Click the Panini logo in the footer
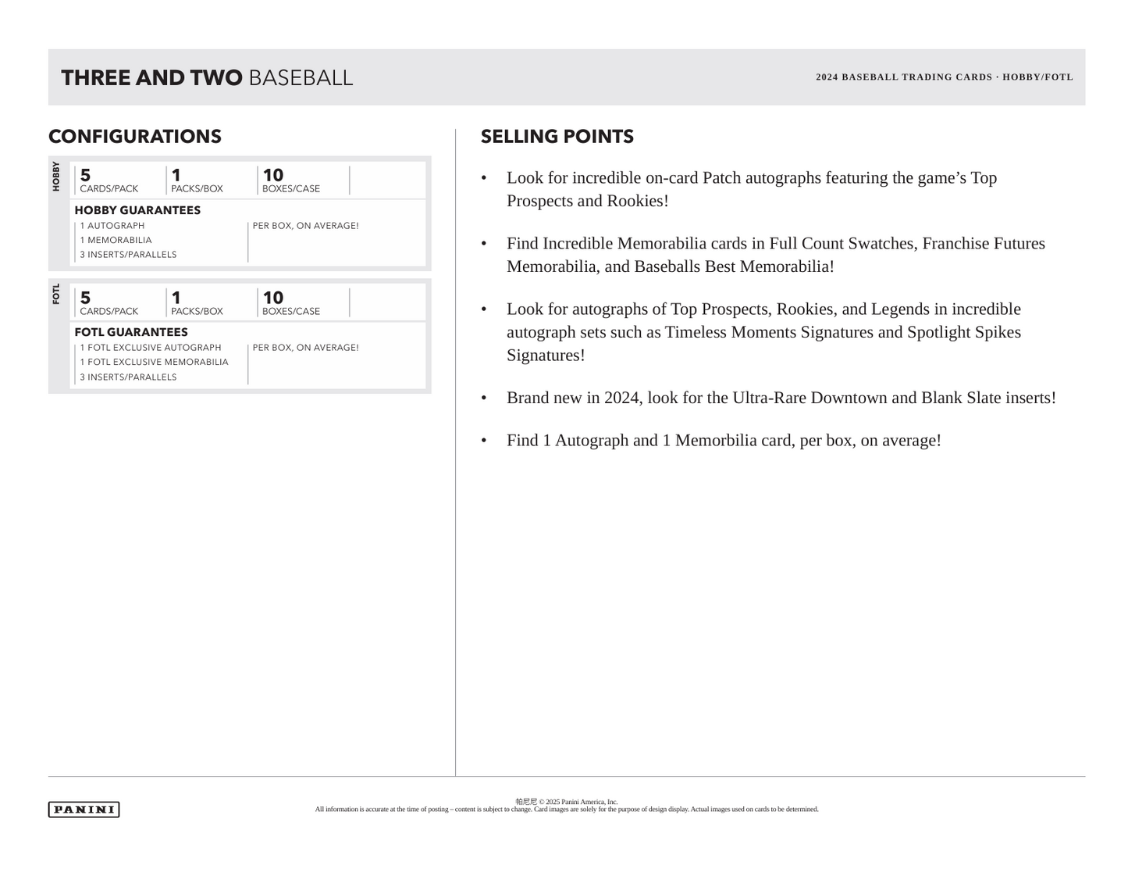click(84, 809)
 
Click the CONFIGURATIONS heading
click(135, 137)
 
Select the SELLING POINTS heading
click(557, 137)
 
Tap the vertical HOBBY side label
click(56, 177)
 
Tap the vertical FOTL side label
click(56, 295)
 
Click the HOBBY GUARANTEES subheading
click(137, 210)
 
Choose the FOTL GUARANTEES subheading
click(131, 332)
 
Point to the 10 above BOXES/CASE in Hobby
click(273, 175)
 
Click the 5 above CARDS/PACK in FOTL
click(85, 298)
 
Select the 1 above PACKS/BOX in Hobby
click(176, 175)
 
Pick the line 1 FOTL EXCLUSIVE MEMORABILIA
click(154, 362)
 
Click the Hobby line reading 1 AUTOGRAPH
click(112, 226)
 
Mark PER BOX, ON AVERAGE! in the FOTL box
click(305, 348)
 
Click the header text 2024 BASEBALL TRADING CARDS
click(904, 77)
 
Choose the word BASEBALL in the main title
click(301, 78)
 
